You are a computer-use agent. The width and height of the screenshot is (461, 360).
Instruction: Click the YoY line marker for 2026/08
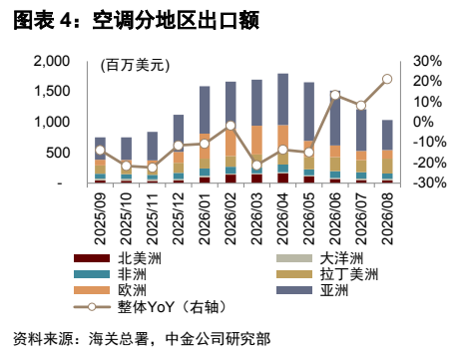387,79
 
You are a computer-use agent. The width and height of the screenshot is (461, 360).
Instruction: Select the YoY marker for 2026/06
335,95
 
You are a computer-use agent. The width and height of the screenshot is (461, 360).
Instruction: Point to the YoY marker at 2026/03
256,166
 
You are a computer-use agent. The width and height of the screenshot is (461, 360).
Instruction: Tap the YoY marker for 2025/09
100,150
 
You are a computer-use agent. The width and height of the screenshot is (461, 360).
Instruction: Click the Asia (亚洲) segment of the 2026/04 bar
282,100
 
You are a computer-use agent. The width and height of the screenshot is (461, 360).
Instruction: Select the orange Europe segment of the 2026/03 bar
256,140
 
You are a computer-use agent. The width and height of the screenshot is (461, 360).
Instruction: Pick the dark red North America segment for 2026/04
282,178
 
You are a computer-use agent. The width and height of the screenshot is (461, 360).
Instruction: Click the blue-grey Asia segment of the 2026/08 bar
387,135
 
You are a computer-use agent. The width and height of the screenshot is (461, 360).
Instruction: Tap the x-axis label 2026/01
205,218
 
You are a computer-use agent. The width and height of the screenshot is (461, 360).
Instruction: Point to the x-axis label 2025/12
179,218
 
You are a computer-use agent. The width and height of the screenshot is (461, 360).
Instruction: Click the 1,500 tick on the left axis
52,91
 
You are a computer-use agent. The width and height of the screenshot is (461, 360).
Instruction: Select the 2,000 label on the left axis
52,61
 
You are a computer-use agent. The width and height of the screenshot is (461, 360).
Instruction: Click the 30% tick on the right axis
427,61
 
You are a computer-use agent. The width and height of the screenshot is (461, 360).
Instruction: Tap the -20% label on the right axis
429,163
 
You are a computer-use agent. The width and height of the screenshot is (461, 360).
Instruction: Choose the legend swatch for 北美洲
92,258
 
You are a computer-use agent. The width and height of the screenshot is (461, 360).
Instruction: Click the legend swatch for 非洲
92,274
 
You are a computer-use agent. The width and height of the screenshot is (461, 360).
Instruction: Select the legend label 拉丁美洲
349,274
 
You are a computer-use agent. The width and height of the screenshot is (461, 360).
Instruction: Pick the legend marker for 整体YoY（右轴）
92,306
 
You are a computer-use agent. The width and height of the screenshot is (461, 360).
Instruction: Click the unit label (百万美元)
135,65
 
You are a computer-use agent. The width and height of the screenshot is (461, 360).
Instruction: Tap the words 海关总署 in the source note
118,338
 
